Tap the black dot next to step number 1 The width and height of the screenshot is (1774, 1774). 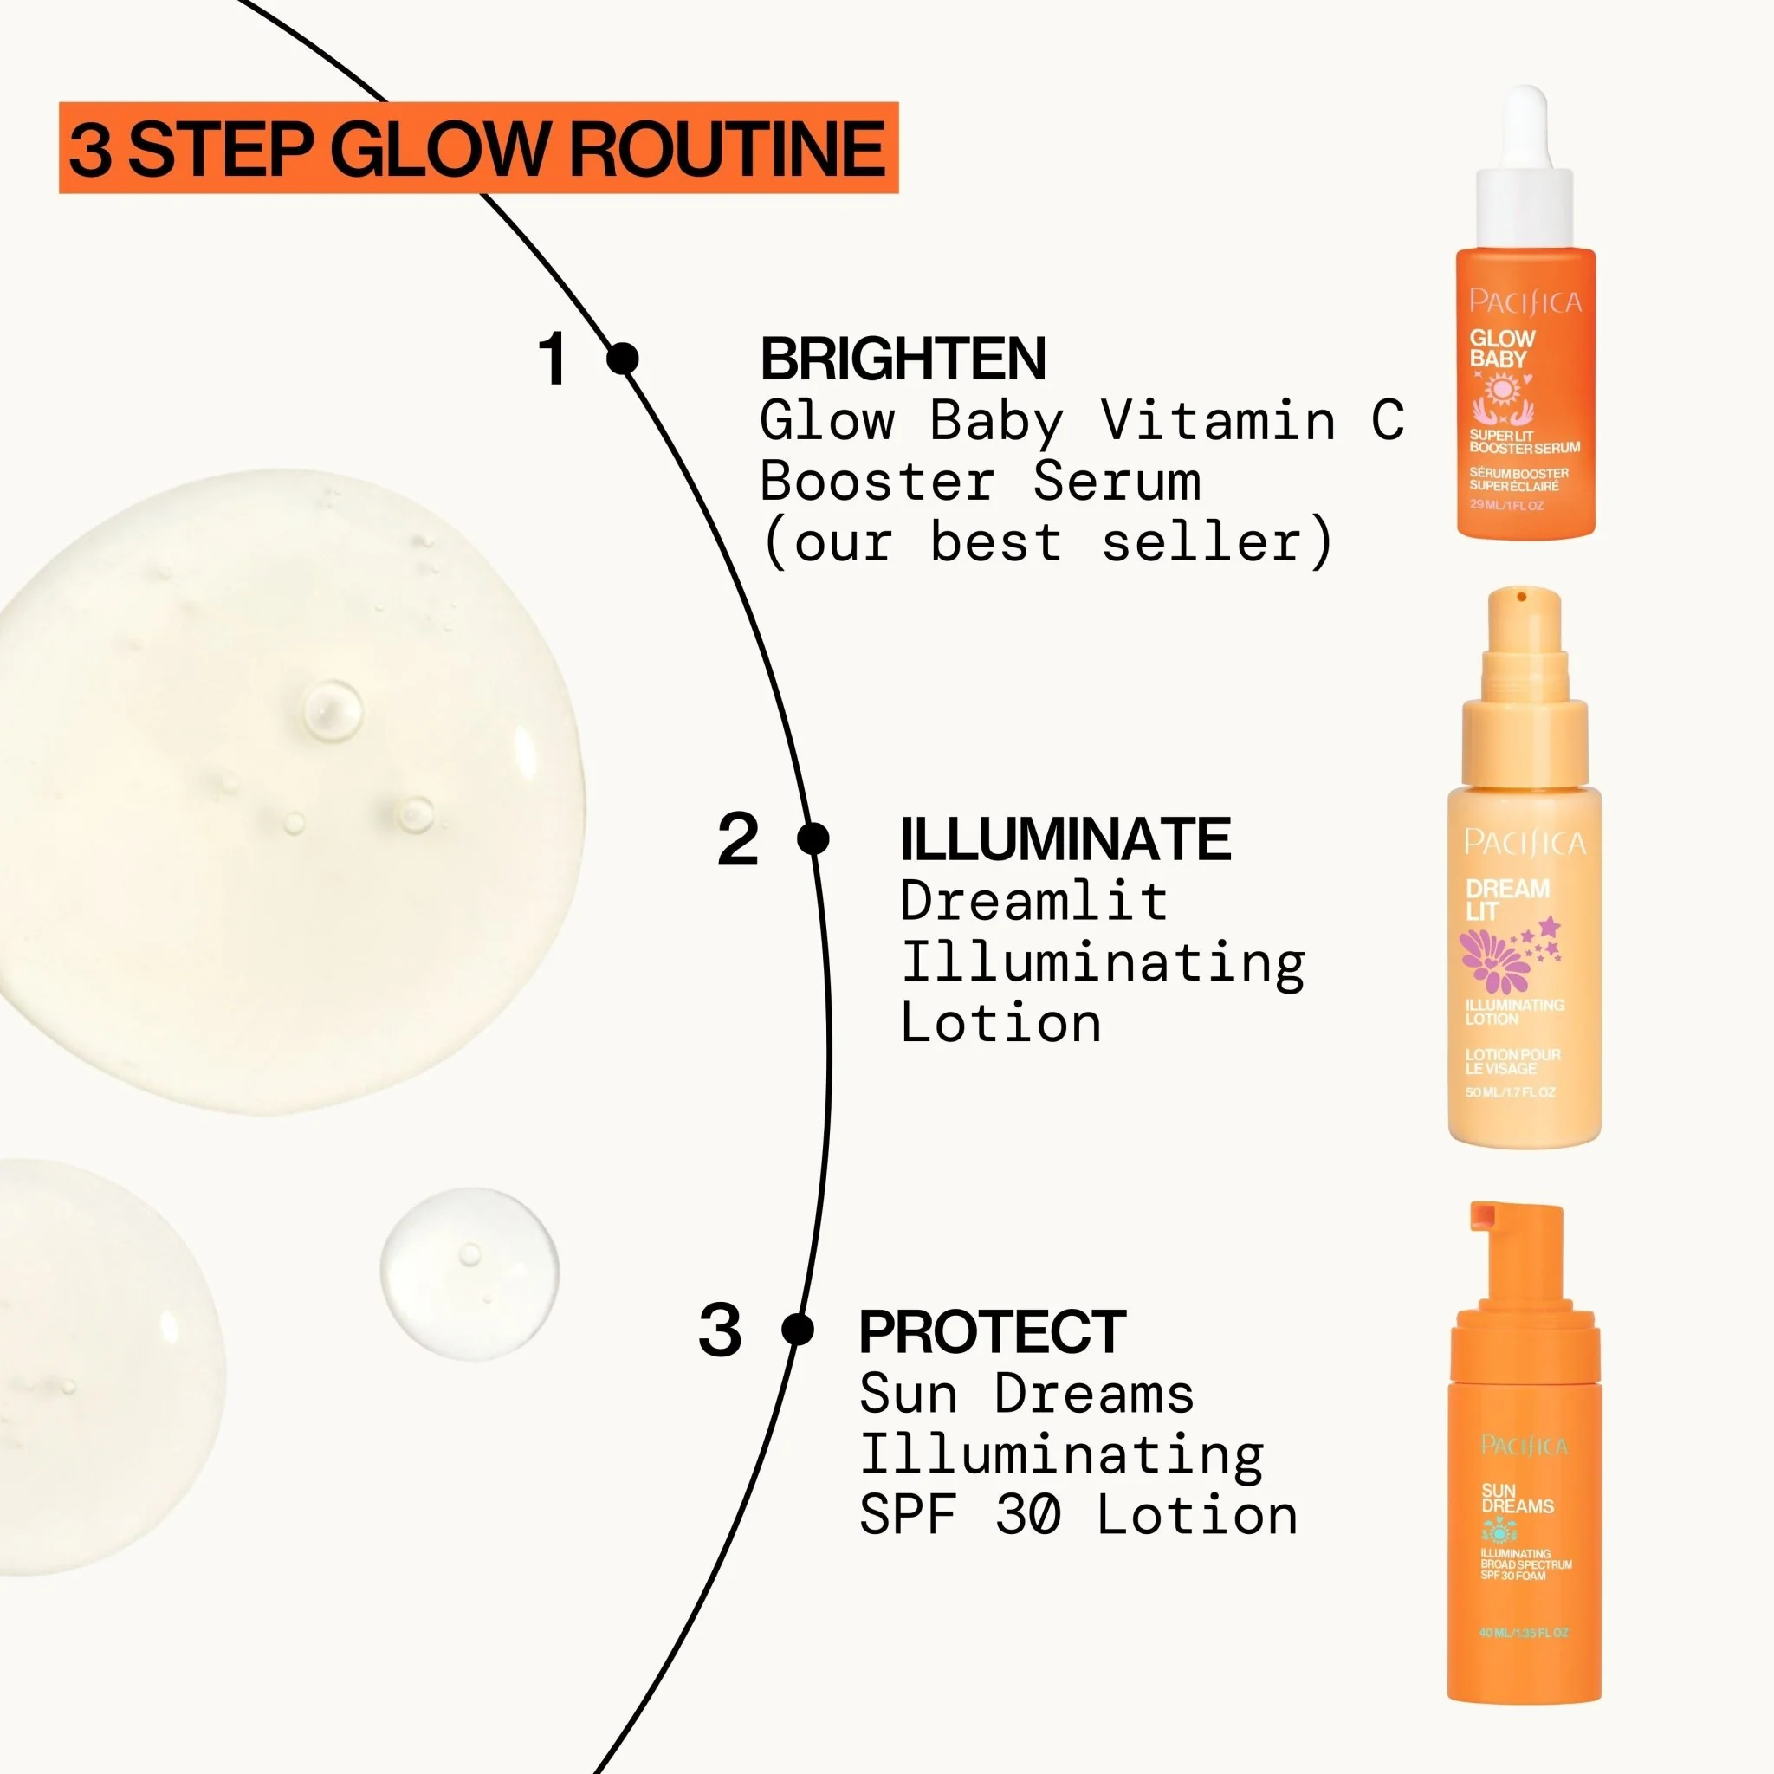pyautogui.click(x=624, y=358)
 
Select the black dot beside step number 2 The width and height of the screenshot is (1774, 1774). pyautogui.click(x=813, y=838)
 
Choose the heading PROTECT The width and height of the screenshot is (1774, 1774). pyautogui.click(x=992, y=1331)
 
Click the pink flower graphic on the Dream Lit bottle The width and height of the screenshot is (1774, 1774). pyautogui.click(x=1492, y=960)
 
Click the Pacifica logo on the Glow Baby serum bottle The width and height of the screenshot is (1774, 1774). pyautogui.click(x=1525, y=301)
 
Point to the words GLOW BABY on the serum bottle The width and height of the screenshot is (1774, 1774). pyautogui.click(x=1501, y=349)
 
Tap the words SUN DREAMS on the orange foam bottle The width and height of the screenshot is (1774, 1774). pyautogui.click(x=1516, y=1499)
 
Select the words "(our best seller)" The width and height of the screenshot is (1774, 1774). pyautogui.click(x=1046, y=542)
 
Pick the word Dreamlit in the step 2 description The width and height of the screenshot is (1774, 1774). pyautogui.click(x=1033, y=901)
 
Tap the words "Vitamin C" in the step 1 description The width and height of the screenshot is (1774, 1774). pyautogui.click(x=1253, y=420)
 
